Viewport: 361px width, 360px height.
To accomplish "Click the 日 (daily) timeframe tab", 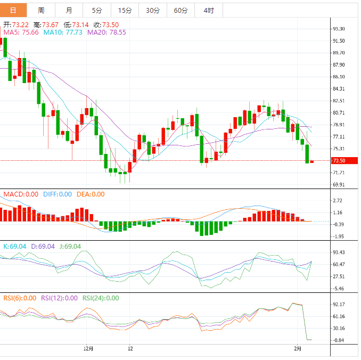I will tap(13, 10).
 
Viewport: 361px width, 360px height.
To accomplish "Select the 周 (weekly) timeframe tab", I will tap(42, 10).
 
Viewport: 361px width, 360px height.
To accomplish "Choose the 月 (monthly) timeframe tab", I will tap(69, 10).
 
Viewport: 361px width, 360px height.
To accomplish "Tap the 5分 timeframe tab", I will tap(97, 10).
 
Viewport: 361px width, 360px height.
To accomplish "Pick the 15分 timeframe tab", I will tap(125, 10).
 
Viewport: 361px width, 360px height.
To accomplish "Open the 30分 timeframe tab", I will tap(152, 10).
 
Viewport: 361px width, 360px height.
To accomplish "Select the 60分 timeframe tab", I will tap(180, 10).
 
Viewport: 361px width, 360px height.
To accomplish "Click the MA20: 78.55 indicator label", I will tap(106, 32).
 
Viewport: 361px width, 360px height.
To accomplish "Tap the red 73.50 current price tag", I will tap(338, 161).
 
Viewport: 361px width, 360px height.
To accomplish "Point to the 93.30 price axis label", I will tap(338, 29).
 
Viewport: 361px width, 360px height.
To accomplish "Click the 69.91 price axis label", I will tap(338, 185).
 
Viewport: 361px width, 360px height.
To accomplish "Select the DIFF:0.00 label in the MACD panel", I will tap(58, 194).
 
